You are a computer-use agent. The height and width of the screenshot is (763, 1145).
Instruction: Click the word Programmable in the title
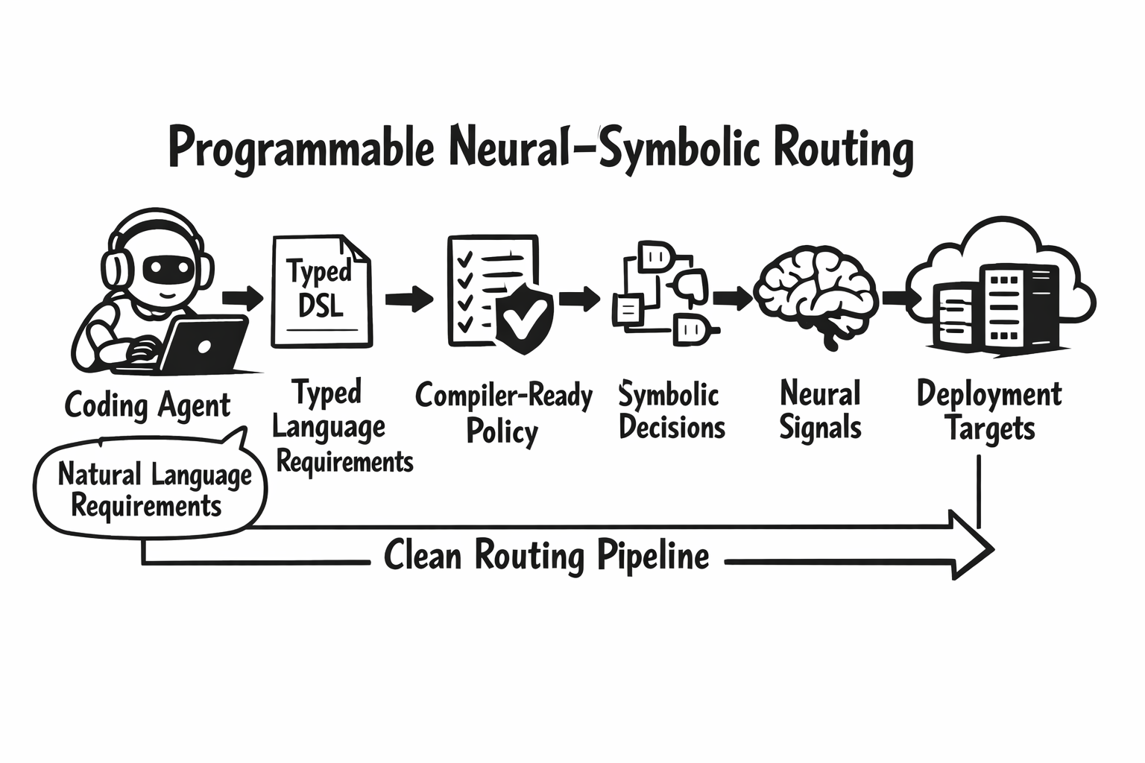coord(301,149)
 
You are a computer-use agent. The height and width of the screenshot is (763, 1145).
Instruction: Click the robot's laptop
coord(206,344)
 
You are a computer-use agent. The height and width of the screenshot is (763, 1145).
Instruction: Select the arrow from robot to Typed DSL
coord(243,298)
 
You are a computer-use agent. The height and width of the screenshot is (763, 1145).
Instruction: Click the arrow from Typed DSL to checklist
coord(409,300)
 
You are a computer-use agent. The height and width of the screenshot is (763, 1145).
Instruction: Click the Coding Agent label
coord(148,406)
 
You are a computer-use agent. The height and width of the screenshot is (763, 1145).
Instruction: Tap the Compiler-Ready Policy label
coord(503,413)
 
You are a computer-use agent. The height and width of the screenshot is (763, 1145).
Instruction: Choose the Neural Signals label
coord(820,411)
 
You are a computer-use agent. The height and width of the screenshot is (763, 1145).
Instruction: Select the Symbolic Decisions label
coord(671,411)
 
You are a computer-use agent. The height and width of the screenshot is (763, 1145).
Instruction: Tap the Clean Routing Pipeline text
coord(546,557)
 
